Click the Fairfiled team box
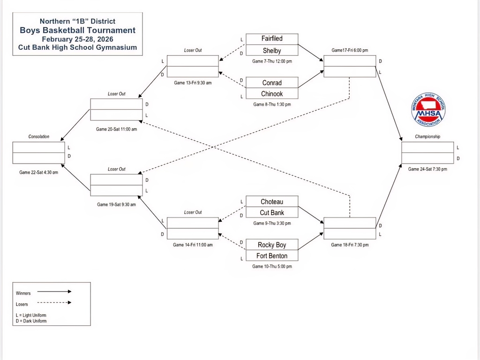(272, 39)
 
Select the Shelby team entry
(272, 51)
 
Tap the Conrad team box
(272, 83)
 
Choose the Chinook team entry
(272, 94)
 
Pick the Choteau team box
(272, 202)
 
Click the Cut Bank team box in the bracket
(272, 213)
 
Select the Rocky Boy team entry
(272, 245)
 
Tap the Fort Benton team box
(272, 256)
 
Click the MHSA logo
(428, 109)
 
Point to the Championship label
(427, 137)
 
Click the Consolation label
(39, 137)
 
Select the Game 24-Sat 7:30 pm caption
(427, 169)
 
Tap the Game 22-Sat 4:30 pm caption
(39, 172)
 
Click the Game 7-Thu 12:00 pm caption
(272, 61)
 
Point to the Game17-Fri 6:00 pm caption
(350, 50)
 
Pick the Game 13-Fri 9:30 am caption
(193, 83)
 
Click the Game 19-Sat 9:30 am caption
(116, 204)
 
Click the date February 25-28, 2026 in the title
(77, 39)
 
